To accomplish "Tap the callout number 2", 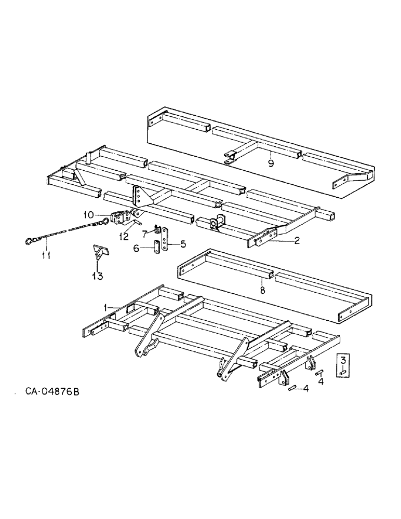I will tap(297, 241).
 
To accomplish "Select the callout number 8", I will tap(262, 291).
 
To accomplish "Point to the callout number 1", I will tap(105, 307).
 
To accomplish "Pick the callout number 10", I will tap(88, 214).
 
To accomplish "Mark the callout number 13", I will tap(96, 275).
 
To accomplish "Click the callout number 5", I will tap(183, 242).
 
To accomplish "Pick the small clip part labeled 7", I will tap(156, 228).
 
